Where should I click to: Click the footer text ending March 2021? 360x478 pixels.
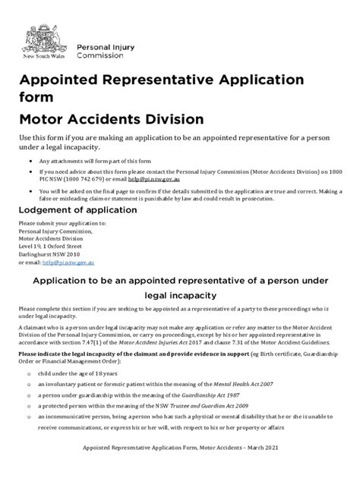179,468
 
